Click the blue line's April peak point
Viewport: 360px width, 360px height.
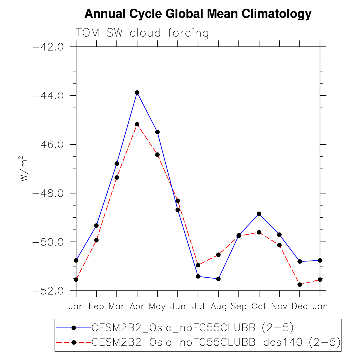[x=137, y=92]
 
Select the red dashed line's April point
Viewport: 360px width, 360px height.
[x=137, y=124]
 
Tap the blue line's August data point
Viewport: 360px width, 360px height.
[x=218, y=279]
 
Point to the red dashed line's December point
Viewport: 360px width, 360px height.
[x=300, y=284]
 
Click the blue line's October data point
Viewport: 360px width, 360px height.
[x=259, y=214]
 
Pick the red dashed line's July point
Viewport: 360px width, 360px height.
[x=198, y=265]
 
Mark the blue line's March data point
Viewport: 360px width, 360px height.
[x=117, y=164]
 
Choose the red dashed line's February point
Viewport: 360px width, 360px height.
[x=96, y=240]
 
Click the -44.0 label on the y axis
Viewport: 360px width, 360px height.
[x=48, y=96]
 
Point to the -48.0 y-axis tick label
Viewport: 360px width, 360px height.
[x=48, y=193]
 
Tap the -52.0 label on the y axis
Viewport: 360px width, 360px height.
[x=48, y=291]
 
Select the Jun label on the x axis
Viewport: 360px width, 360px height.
[x=178, y=307]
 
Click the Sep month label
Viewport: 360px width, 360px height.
[x=239, y=307]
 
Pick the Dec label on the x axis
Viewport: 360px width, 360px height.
[x=300, y=307]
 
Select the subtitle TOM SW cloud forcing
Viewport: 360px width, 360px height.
[x=142, y=33]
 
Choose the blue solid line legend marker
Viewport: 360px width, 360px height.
[x=74, y=328]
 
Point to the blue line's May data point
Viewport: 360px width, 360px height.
[x=157, y=132]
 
